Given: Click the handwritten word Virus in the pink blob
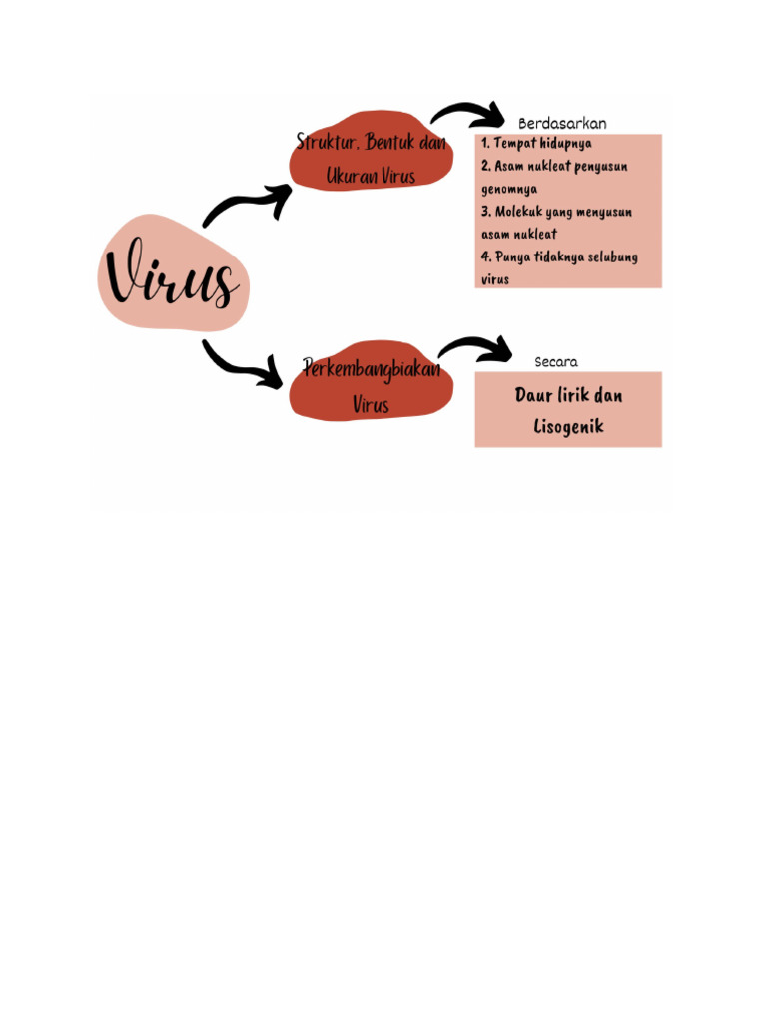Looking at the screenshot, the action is click(x=173, y=276).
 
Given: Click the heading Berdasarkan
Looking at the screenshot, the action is click(x=562, y=123).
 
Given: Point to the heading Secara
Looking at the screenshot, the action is click(x=556, y=362).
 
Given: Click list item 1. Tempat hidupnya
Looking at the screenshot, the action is click(x=536, y=143).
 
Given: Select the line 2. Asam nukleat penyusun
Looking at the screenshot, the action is click(x=554, y=166).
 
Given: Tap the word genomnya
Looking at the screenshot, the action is click(x=509, y=189).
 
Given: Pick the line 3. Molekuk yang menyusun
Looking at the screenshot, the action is click(x=556, y=212).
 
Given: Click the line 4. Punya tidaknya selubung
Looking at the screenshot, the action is click(x=559, y=256).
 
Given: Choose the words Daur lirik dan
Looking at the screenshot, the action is click(x=568, y=395).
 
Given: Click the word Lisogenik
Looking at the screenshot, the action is click(x=568, y=427).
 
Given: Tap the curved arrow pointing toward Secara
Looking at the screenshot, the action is click(x=476, y=347).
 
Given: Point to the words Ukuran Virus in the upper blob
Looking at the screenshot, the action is click(x=371, y=176).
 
